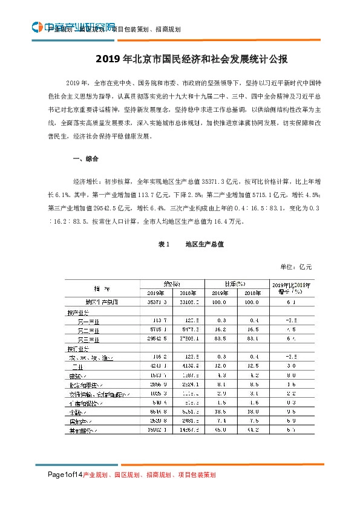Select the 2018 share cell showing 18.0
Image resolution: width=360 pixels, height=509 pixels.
[x=252, y=412]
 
